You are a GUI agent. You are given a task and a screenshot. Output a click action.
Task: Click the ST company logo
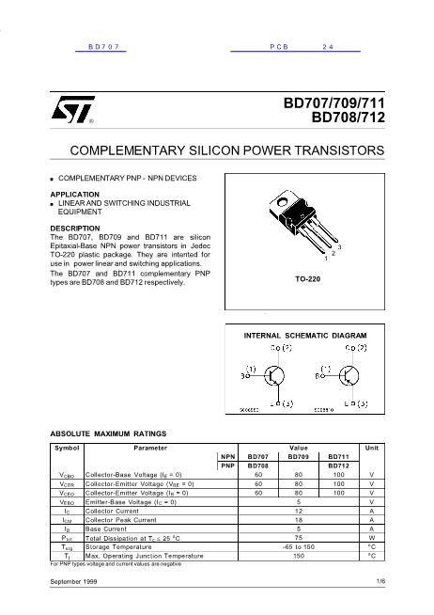72,114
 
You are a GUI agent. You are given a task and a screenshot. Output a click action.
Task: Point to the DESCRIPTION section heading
76,228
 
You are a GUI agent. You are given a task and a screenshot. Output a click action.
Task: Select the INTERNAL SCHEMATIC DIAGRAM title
305,335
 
